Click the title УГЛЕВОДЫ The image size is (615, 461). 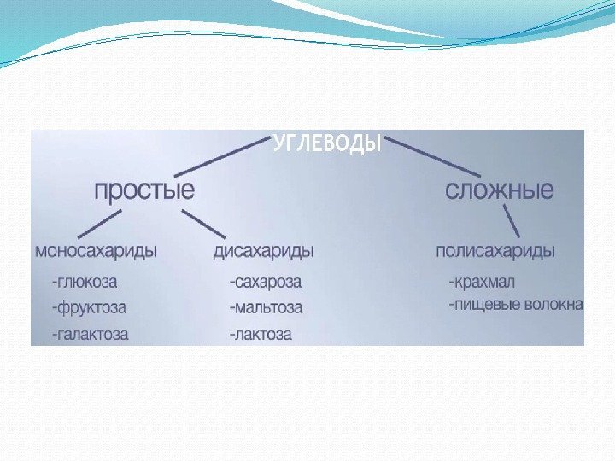click(x=327, y=144)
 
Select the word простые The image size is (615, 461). click(x=143, y=190)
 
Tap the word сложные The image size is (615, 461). click(x=500, y=190)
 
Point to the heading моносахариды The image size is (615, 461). click(x=96, y=251)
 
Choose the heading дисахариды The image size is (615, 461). click(x=263, y=251)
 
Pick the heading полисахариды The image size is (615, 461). click(x=495, y=251)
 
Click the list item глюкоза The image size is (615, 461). click(x=85, y=280)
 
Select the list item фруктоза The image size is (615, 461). click(x=89, y=306)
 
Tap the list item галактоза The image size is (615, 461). click(x=91, y=334)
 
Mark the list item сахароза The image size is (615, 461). click(x=265, y=281)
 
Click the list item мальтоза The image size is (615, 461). click(x=266, y=306)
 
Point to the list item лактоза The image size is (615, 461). click(x=261, y=334)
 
